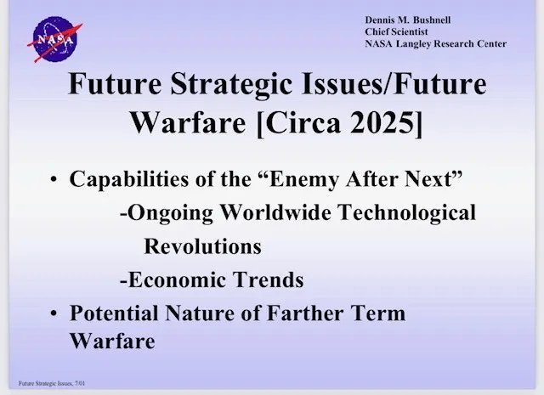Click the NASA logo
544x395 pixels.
(54, 39)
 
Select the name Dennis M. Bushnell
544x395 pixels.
(408, 20)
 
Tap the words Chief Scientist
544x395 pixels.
(396, 31)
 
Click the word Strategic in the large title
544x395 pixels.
(231, 84)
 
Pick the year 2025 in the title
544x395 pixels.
(382, 123)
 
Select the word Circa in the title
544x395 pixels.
(303, 123)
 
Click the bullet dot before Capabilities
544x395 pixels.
(54, 179)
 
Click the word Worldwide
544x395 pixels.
(275, 212)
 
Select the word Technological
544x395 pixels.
(407, 212)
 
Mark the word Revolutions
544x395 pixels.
(202, 245)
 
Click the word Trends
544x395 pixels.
(269, 279)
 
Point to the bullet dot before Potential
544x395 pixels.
(54, 313)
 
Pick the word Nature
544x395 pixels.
(200, 313)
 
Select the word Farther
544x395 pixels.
(305, 313)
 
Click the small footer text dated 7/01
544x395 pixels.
(52, 383)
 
